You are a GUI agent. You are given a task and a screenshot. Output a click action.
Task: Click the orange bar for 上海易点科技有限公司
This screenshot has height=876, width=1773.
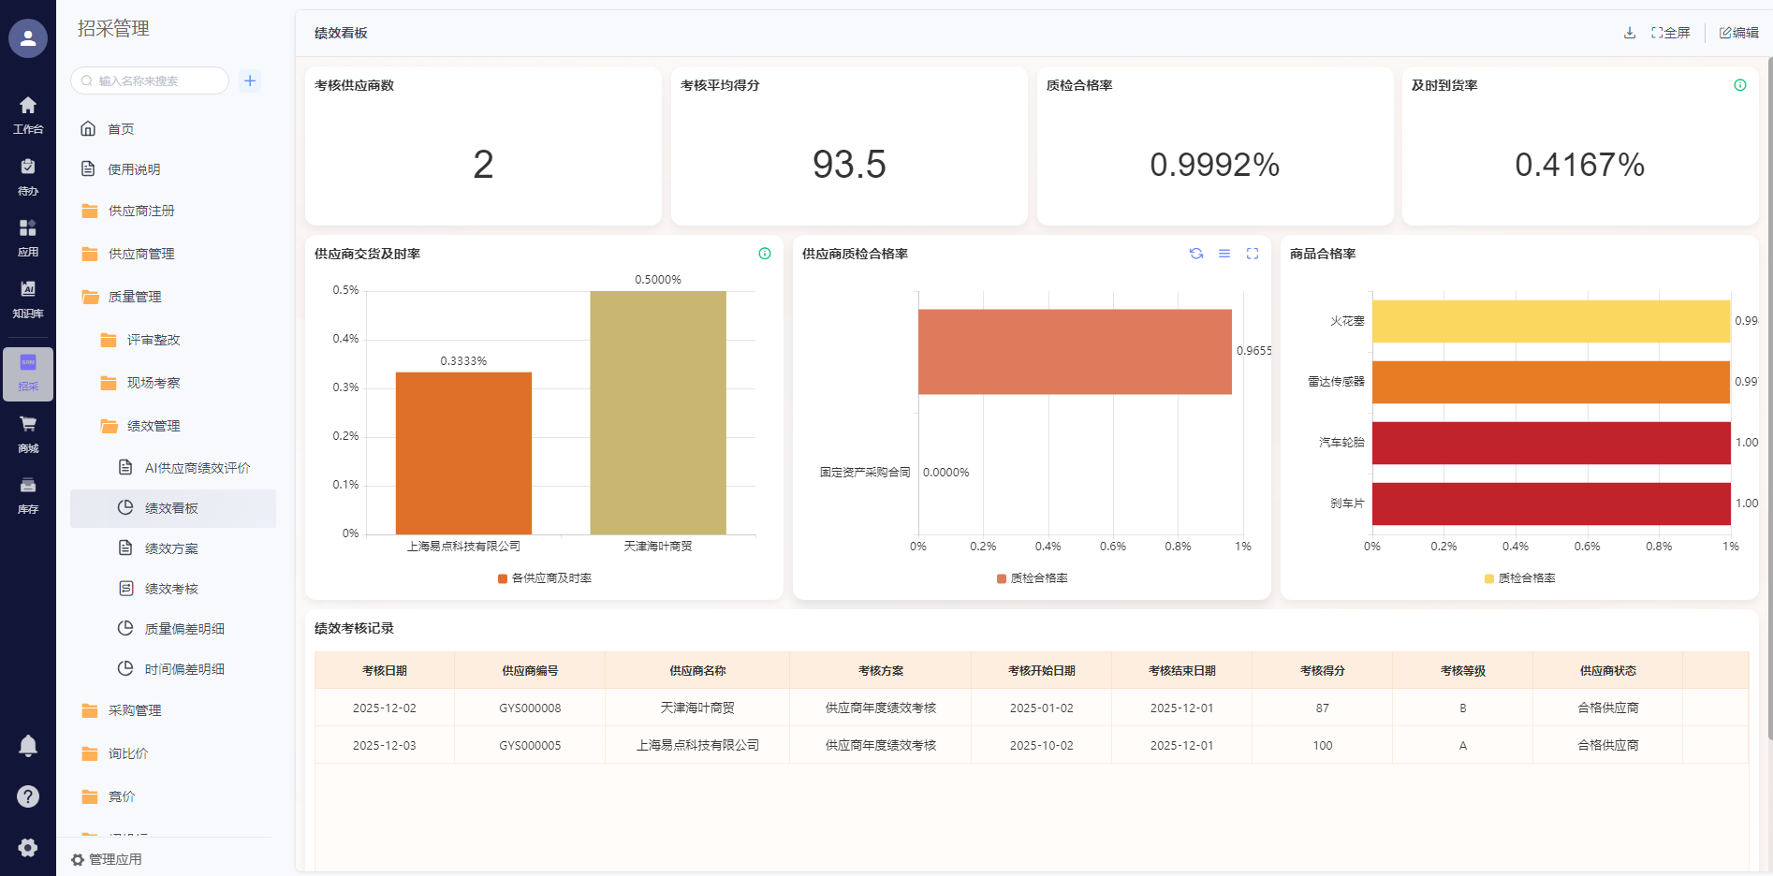463,453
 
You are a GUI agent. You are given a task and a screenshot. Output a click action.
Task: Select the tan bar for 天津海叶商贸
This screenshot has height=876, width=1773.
657,412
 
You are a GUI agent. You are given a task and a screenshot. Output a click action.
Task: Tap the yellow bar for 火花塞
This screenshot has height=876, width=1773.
1550,321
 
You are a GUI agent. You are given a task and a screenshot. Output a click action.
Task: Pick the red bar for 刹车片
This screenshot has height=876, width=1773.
1550,504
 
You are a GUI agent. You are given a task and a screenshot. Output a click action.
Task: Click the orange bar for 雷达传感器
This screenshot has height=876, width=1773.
1550,382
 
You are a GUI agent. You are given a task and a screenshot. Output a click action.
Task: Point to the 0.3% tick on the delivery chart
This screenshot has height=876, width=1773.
345,387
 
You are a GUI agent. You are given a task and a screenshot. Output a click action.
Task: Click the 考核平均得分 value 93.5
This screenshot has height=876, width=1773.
849,165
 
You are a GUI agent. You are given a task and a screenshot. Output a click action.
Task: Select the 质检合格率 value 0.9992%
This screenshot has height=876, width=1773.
1214,165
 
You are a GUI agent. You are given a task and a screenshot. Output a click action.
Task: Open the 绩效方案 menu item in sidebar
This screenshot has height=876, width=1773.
171,548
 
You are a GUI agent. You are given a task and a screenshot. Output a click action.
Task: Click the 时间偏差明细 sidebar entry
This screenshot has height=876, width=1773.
184,669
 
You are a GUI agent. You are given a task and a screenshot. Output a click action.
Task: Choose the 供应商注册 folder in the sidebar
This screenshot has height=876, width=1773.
141,211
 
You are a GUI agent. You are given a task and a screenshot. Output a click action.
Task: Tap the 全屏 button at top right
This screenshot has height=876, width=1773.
1671,33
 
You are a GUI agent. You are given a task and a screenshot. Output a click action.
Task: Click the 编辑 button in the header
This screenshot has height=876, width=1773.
1739,33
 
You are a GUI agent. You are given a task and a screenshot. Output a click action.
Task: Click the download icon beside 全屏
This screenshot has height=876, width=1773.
1630,33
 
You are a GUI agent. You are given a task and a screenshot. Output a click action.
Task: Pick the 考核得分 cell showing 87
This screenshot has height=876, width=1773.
1322,708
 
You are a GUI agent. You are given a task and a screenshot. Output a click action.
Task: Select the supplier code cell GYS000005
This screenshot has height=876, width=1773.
530,746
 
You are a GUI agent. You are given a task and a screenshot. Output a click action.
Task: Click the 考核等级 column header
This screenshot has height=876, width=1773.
1462,671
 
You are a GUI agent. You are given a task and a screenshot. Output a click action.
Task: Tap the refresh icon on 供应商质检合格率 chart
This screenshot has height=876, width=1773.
1196,254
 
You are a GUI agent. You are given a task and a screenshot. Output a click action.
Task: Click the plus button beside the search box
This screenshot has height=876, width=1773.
250,80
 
